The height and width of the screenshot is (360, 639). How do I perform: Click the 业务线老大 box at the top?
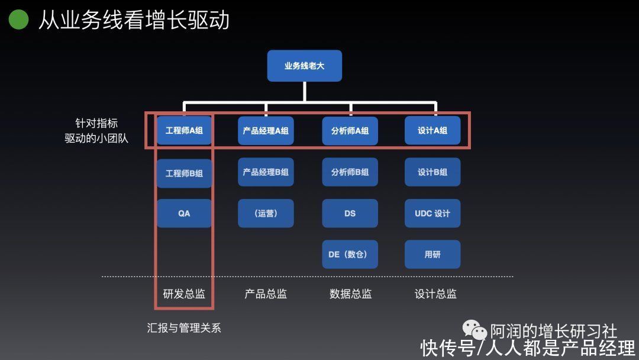click(x=305, y=66)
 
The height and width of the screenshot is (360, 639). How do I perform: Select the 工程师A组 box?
click(x=184, y=130)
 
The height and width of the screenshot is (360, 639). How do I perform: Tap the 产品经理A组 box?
click(x=266, y=130)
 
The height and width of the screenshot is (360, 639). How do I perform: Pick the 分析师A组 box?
click(x=350, y=130)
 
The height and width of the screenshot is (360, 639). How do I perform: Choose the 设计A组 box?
click(x=433, y=130)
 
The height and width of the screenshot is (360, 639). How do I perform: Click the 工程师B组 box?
click(x=184, y=173)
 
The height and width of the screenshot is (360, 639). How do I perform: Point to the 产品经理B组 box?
click(x=266, y=172)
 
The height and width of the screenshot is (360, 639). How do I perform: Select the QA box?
click(x=184, y=213)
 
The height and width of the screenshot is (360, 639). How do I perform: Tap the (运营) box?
click(x=266, y=213)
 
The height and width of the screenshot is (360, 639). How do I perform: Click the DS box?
click(x=350, y=213)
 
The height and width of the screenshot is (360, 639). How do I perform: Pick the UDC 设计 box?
click(x=433, y=213)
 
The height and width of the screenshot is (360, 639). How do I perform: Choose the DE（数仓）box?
click(x=350, y=255)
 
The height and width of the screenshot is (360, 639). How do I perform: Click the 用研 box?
click(x=433, y=255)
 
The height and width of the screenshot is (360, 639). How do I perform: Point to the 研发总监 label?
click(x=184, y=294)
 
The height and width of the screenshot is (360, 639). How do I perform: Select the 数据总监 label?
click(x=350, y=294)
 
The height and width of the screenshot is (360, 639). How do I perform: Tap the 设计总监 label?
click(x=435, y=294)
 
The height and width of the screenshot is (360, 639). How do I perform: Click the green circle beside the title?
click(x=18, y=19)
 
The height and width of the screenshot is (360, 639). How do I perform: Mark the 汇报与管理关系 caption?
click(x=184, y=328)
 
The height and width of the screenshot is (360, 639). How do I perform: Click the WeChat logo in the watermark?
click(x=475, y=329)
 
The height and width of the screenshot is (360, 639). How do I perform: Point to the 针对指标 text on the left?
click(x=96, y=123)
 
